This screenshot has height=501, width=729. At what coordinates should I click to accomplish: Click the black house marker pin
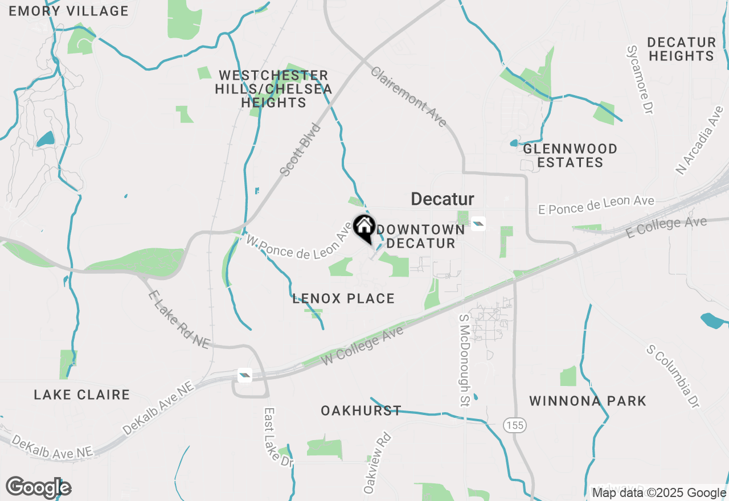pos(364,227)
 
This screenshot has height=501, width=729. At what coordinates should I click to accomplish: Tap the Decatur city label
pos(443,199)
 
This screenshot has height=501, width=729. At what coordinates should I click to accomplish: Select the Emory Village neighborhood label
pos(69,11)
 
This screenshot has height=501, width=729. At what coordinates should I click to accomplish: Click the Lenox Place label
pos(343,298)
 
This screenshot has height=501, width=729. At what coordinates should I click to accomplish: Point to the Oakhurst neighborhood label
pos(361,410)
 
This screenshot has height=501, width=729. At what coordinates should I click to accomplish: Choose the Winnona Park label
pos(588,401)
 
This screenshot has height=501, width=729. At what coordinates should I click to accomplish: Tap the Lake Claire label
pos(82,395)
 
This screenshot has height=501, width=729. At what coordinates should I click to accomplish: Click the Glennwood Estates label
pos(570,155)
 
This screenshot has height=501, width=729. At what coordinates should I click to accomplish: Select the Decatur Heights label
pos(682,49)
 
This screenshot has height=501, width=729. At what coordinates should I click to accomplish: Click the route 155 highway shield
pos(514,425)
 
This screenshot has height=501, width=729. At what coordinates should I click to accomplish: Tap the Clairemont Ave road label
pos(408,96)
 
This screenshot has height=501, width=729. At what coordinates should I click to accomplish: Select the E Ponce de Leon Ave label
pos(596,206)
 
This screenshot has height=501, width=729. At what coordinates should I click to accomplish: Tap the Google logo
pos(39,488)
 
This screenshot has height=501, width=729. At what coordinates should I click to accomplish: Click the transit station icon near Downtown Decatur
pos(478,223)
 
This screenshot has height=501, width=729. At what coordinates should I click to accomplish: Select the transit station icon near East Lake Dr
pos(244,375)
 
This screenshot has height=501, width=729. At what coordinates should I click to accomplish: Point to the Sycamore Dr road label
pos(639,80)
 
